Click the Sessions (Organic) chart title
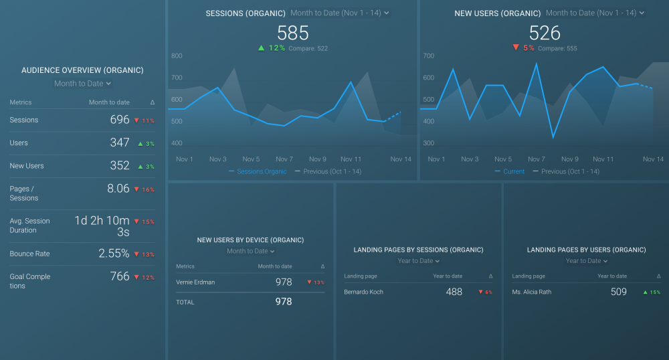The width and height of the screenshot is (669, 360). (x=245, y=13)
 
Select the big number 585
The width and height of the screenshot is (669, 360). (x=292, y=33)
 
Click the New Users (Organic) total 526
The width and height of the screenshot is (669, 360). (x=544, y=33)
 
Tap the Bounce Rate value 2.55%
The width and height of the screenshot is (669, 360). (x=114, y=254)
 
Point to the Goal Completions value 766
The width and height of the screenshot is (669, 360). (x=119, y=276)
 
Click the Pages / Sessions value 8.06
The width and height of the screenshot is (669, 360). (x=118, y=189)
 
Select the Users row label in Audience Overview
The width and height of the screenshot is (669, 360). (x=19, y=143)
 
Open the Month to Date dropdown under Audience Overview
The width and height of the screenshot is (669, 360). (x=82, y=84)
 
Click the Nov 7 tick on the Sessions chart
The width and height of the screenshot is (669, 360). (x=284, y=159)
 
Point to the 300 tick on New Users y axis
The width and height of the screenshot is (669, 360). (x=428, y=143)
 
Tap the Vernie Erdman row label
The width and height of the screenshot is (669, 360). (x=195, y=282)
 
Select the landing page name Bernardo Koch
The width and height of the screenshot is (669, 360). (x=363, y=292)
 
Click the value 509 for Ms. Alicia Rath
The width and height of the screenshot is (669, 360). (x=618, y=292)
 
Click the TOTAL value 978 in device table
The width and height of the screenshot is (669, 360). (x=284, y=302)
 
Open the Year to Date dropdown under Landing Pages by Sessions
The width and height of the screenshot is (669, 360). (x=419, y=261)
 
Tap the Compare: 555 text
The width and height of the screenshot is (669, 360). (x=557, y=49)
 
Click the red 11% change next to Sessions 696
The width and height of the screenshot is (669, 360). (x=144, y=120)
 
